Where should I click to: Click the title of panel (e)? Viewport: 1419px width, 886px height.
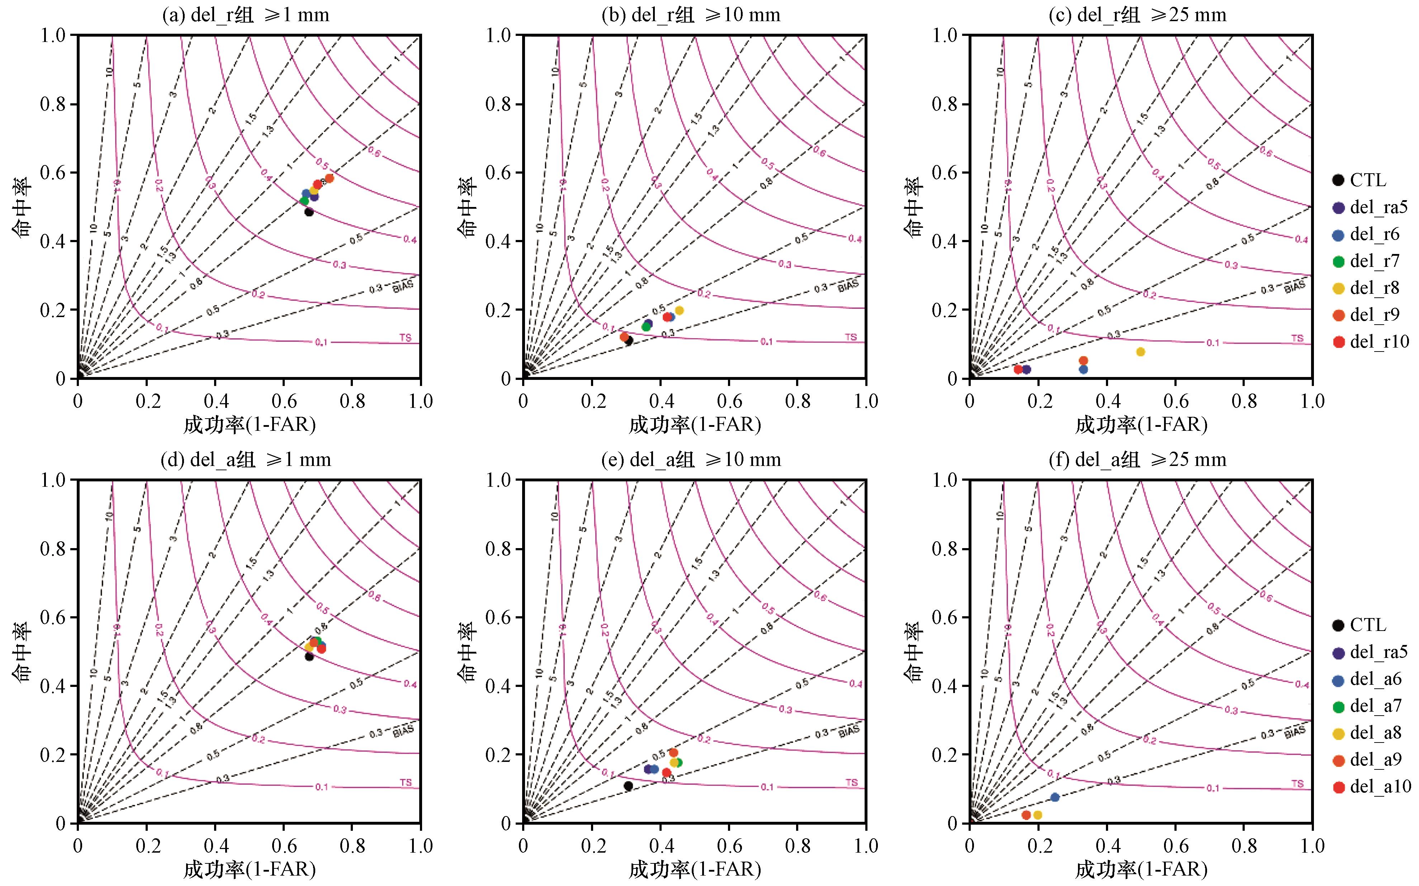[x=691, y=460]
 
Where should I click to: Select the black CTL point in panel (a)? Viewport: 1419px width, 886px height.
[x=309, y=212]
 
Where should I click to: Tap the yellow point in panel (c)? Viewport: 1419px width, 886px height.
[x=1140, y=352]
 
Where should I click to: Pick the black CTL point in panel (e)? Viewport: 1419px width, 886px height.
[x=628, y=786]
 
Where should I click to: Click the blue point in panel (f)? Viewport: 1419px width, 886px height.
[x=1055, y=797]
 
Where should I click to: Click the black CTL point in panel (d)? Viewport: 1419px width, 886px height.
[x=309, y=656]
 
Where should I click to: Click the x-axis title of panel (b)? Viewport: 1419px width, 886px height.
[x=695, y=424]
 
